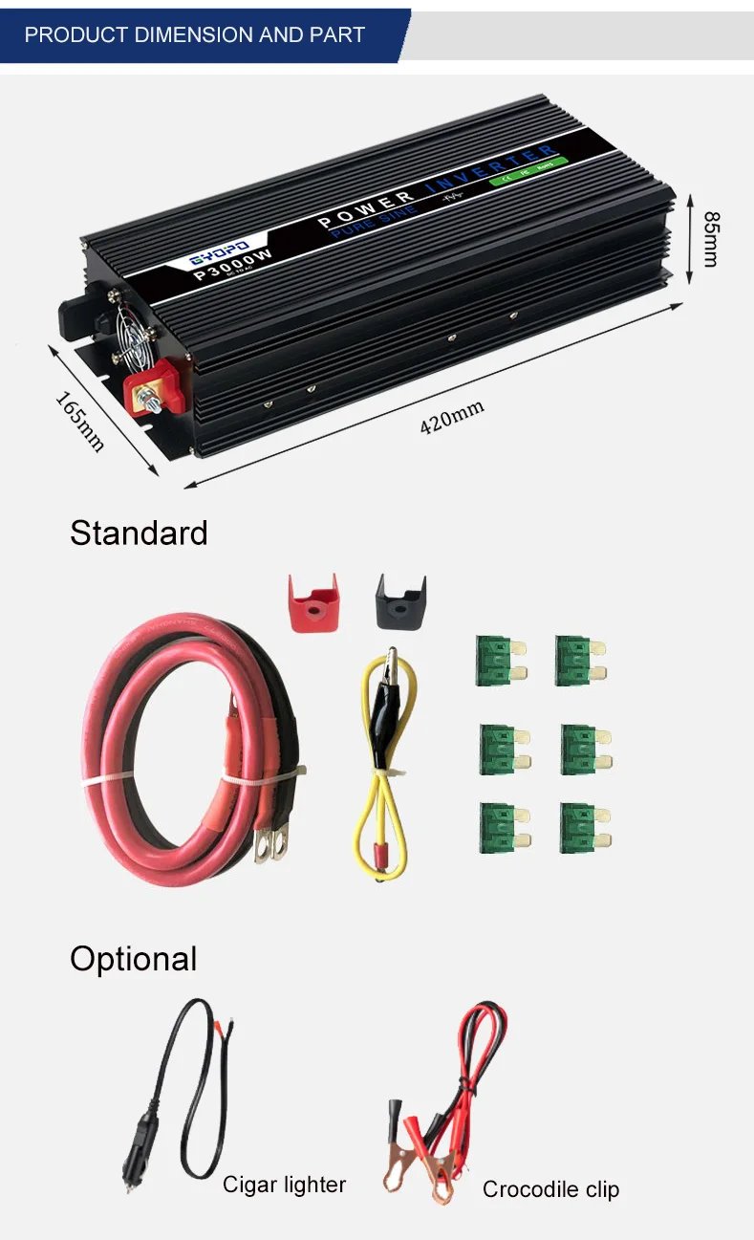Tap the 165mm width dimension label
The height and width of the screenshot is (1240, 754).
[79, 422]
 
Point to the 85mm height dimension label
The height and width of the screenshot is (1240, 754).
[710, 238]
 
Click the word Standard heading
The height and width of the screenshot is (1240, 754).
[139, 533]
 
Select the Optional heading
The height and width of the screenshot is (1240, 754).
[133, 958]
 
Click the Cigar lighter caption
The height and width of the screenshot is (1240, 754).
[284, 1185]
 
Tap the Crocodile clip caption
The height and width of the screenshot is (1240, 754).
[550, 1188]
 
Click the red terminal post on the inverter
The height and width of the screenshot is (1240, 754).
[151, 389]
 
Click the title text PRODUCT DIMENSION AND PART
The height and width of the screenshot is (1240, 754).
[194, 35]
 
